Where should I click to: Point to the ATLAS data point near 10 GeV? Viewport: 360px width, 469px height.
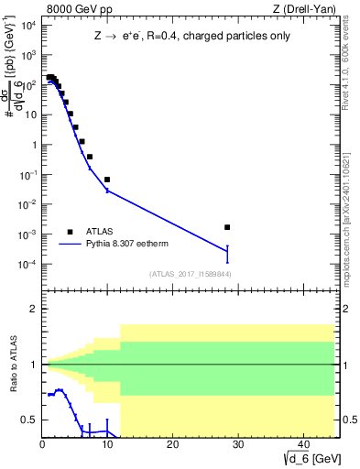(x=107, y=180)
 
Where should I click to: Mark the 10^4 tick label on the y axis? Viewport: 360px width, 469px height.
(x=27, y=25)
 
